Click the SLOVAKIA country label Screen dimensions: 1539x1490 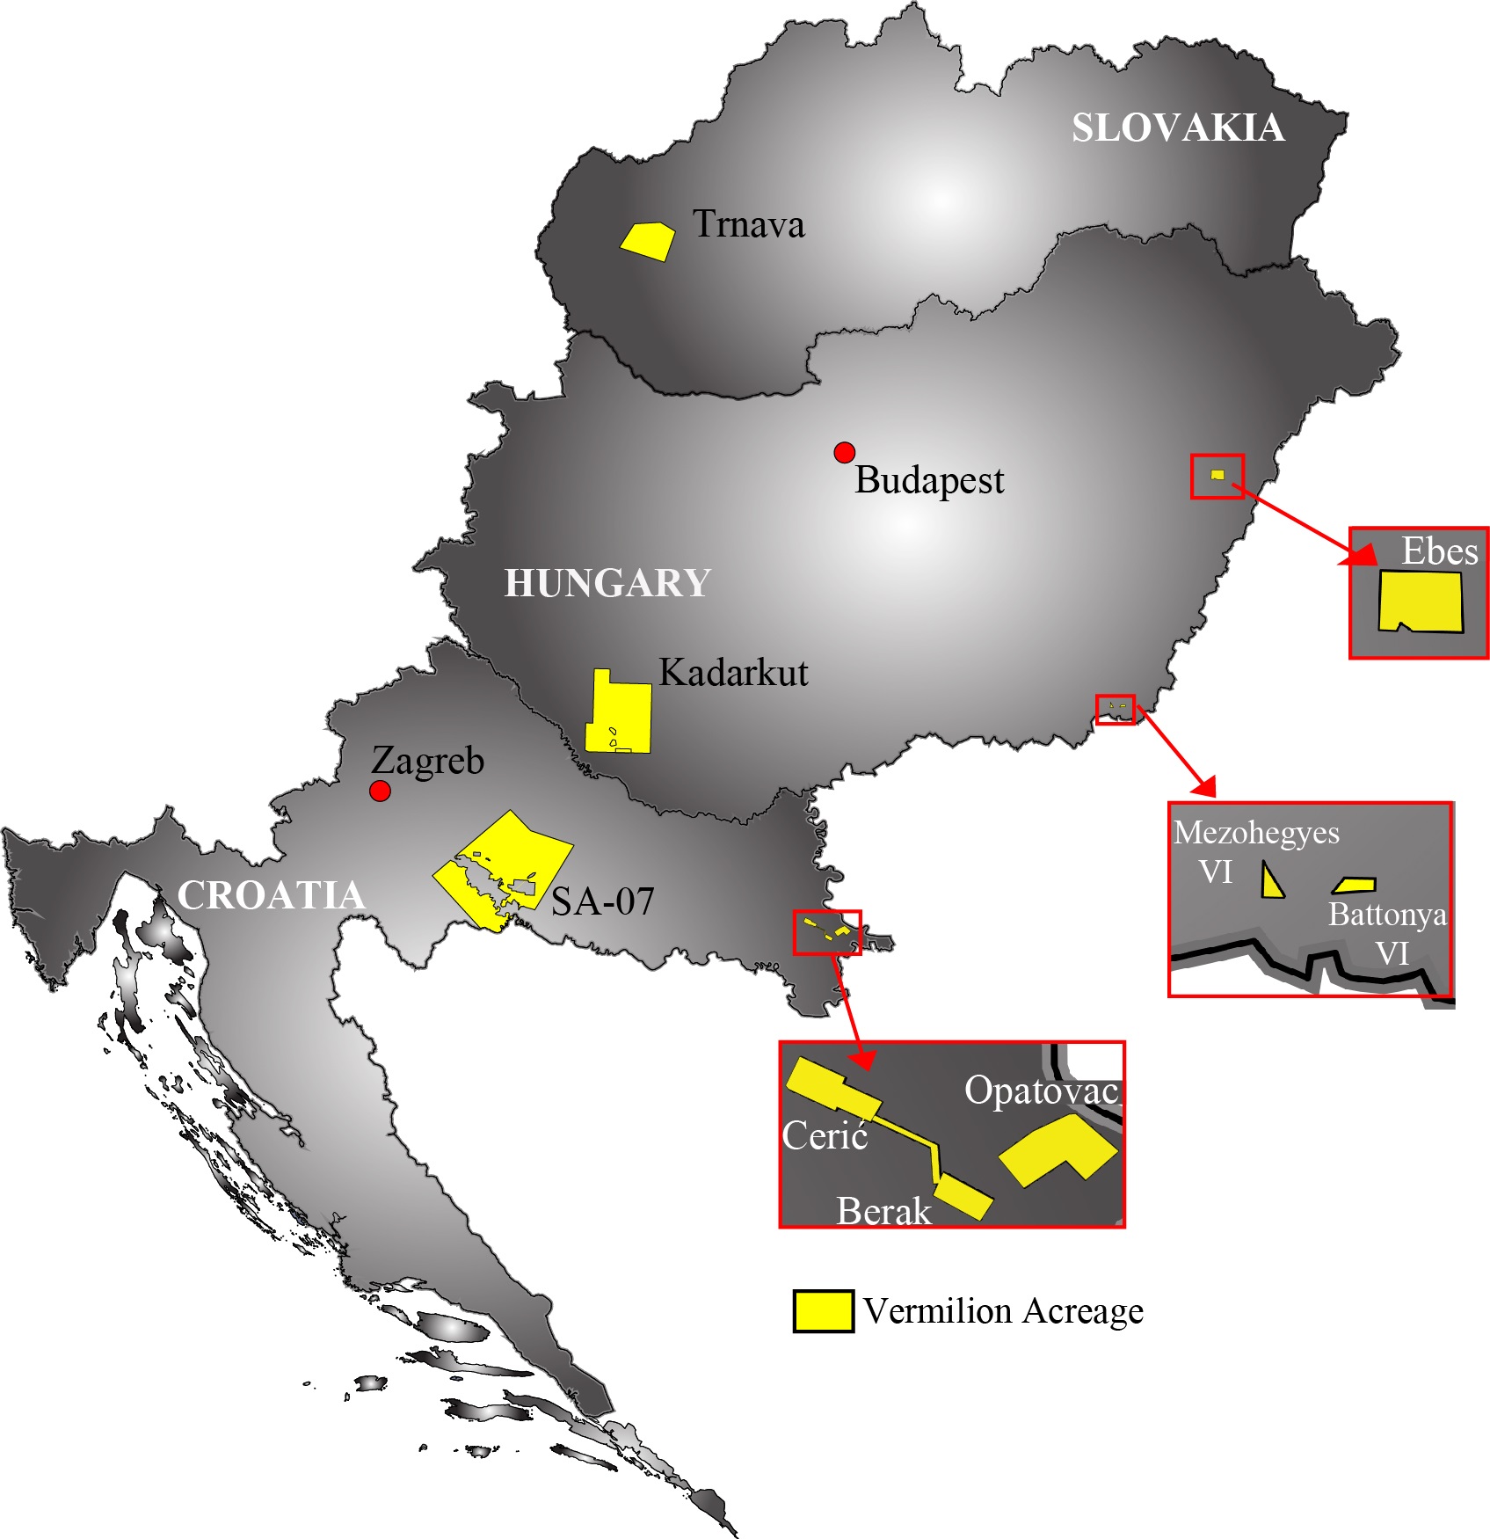(x=1177, y=128)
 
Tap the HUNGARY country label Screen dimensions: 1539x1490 (x=607, y=583)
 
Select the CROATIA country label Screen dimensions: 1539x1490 (x=271, y=895)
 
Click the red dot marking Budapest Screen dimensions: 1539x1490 (x=844, y=452)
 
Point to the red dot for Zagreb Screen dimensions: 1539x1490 (x=380, y=791)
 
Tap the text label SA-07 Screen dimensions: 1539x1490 (x=602, y=901)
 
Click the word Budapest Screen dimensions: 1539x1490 (x=929, y=480)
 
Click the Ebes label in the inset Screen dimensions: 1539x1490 (x=1439, y=551)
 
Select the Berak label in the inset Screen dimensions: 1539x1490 (x=883, y=1211)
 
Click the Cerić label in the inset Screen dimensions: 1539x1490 (x=825, y=1135)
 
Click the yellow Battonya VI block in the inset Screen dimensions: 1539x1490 (x=1355, y=885)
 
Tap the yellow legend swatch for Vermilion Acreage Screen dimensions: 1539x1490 (x=823, y=1310)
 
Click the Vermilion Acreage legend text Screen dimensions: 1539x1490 (x=1003, y=1310)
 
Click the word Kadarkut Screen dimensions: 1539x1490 (x=733, y=673)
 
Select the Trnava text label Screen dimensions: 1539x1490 (x=748, y=224)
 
